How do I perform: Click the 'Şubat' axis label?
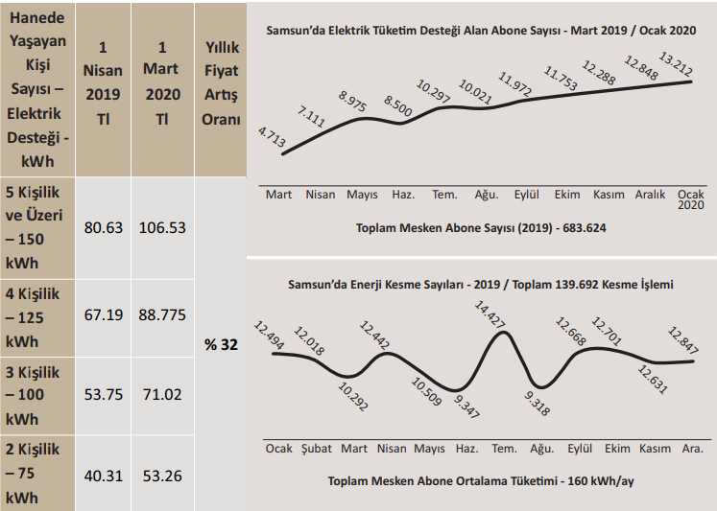(317, 449)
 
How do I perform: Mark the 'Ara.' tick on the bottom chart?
(692, 449)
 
